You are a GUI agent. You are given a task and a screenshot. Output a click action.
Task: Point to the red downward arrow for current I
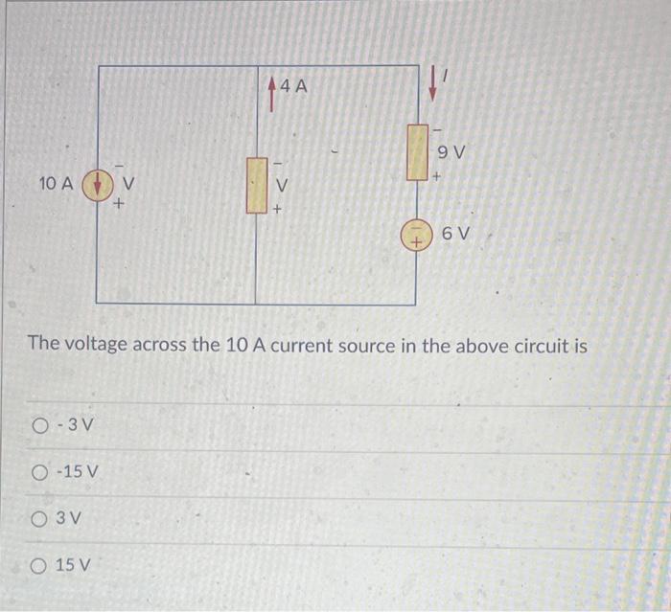pos(433,83)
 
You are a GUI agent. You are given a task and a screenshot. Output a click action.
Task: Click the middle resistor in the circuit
pos(256,185)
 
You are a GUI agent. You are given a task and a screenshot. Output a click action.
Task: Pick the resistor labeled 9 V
pos(416,151)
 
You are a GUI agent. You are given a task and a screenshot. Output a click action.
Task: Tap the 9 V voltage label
pos(451,151)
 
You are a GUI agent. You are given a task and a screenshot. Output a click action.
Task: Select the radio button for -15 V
pos(39,471)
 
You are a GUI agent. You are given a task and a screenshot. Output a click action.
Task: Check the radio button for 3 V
pos(39,518)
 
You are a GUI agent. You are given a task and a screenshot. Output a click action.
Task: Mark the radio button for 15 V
pos(39,564)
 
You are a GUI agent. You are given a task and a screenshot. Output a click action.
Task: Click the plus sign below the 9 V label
pos(437,176)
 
